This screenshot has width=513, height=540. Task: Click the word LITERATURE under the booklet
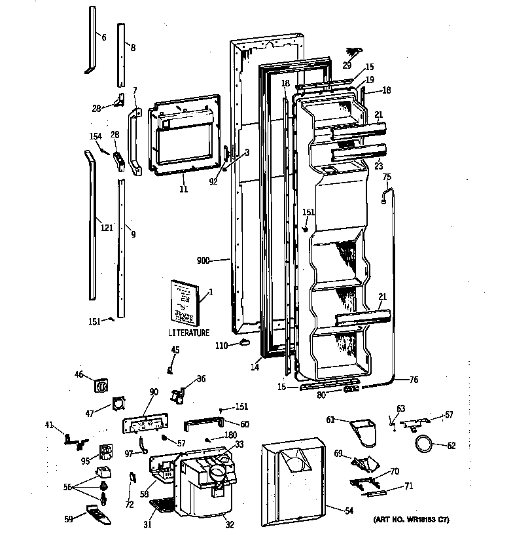pos(188,333)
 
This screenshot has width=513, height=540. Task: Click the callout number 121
pos(107,228)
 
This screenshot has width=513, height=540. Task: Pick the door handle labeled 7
pos(135,142)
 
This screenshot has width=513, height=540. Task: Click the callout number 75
pos(386,177)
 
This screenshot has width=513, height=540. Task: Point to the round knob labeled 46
pos(102,386)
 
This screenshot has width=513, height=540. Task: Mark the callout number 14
pos(254,368)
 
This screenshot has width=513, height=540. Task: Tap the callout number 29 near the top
pos(346,65)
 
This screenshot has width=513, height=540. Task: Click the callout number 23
pos(378,166)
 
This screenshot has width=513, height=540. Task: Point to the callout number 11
pos(183,190)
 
